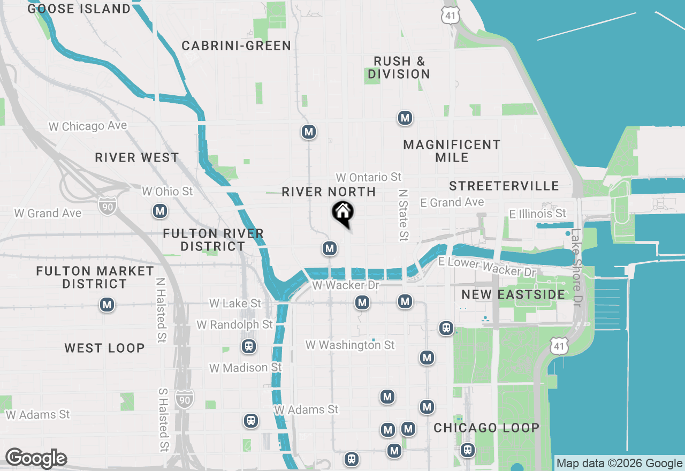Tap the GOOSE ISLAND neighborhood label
(79, 9)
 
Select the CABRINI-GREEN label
(237, 46)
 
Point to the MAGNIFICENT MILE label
(452, 151)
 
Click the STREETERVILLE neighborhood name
(504, 186)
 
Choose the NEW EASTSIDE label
(513, 295)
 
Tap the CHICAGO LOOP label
(486, 428)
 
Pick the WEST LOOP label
(105, 348)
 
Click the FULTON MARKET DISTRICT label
(95, 277)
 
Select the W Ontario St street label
(369, 177)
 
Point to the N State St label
(404, 214)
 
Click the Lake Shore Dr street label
(576, 268)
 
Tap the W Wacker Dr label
(346, 285)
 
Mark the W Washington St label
(350, 345)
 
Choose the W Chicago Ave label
(88, 126)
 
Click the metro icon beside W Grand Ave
(159, 211)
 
